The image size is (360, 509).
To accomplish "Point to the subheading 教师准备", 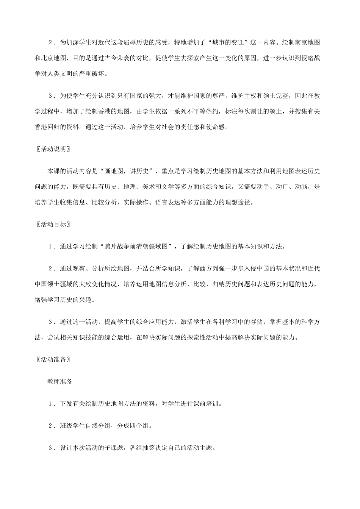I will click(60, 382).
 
